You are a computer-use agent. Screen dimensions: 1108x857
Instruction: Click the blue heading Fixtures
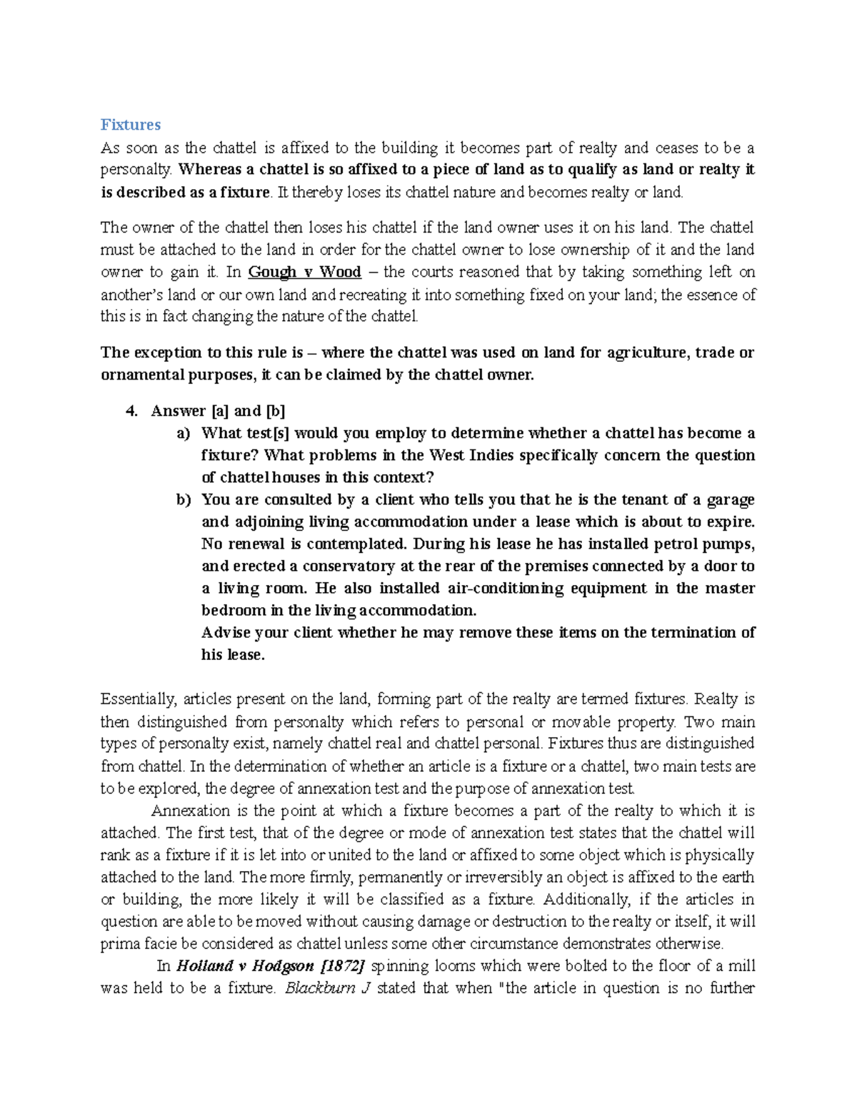130,125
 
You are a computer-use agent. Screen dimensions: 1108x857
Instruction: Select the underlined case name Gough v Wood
304,272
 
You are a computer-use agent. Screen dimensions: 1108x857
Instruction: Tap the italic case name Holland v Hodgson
245,966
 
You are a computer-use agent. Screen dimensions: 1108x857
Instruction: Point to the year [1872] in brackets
344,966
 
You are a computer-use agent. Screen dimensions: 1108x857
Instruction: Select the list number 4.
130,411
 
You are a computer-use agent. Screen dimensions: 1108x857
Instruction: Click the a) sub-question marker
183,433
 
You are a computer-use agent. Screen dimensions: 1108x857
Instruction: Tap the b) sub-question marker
183,499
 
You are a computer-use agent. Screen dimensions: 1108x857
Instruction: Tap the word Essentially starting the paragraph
138,699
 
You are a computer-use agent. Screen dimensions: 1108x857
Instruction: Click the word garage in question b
728,499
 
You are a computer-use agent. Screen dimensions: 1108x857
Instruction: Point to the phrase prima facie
133,943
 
